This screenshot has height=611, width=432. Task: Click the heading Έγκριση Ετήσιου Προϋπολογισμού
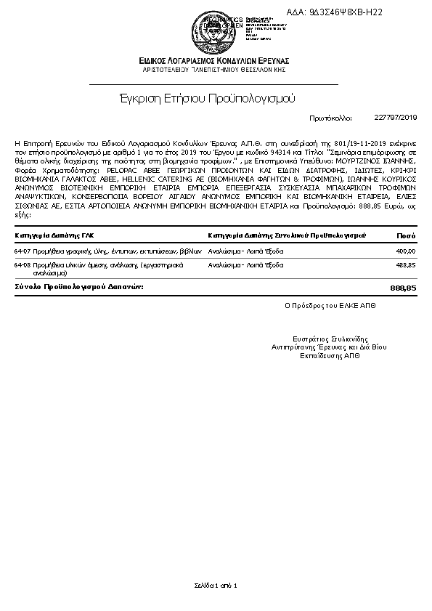(207, 98)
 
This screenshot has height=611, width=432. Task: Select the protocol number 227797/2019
(396, 117)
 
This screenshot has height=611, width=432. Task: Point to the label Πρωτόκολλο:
(330, 117)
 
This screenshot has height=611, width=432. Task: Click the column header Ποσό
(406, 235)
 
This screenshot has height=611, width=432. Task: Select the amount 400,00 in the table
(406, 251)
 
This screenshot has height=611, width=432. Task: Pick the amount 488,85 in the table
(406, 266)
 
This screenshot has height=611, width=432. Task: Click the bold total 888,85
(403, 288)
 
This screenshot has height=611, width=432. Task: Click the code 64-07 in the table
(22, 251)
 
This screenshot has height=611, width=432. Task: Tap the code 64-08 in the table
(22, 266)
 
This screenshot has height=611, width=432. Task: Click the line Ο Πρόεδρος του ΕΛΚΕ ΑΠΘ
(330, 307)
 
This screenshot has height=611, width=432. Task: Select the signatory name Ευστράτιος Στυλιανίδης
(330, 339)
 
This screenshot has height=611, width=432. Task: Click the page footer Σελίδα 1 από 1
(216, 585)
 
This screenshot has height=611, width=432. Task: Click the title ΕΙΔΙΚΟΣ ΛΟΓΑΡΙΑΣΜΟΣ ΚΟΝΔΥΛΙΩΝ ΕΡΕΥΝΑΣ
(216, 60)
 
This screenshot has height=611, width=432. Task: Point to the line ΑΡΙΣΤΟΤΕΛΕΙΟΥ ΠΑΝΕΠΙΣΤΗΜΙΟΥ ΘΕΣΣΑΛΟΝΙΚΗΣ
(216, 69)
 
